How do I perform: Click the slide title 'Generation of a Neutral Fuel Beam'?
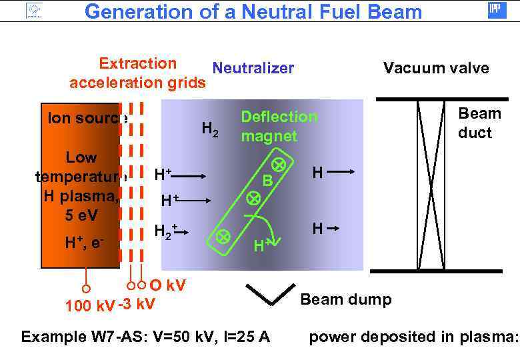click(253, 11)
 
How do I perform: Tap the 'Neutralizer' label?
click(253, 68)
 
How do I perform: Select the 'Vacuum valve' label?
click(435, 68)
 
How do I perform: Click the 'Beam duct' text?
click(474, 123)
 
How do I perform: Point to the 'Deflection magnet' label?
click(279, 126)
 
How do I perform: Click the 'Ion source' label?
click(83, 118)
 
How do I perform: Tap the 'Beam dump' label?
click(346, 299)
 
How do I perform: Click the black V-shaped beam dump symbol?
click(270, 294)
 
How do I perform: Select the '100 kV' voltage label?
click(89, 306)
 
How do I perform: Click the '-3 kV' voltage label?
click(136, 305)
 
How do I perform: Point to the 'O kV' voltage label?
click(167, 286)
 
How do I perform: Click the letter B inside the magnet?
click(267, 180)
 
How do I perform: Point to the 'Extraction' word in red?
click(137, 63)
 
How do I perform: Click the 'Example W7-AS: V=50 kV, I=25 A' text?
click(145, 337)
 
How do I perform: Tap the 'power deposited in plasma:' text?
click(413, 337)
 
